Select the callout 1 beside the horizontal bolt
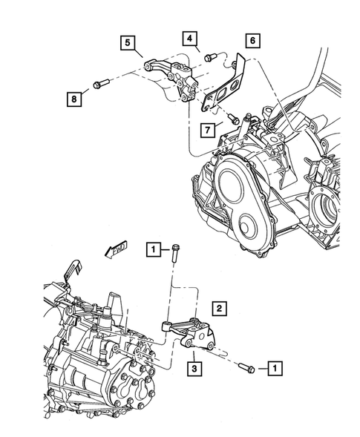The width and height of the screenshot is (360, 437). click(x=275, y=367)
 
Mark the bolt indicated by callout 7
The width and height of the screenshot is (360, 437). click(x=235, y=116)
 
